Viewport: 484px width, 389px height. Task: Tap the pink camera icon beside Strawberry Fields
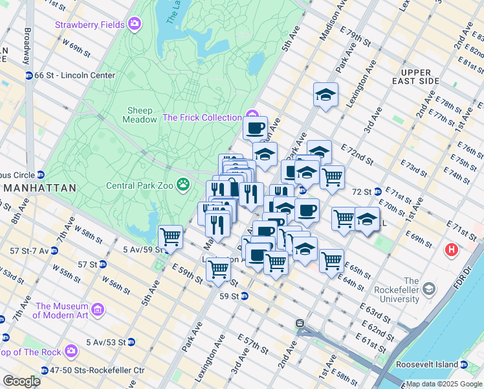coord(134,25)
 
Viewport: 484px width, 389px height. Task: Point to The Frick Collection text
coord(201,117)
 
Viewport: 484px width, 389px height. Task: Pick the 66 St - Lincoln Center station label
coord(74,75)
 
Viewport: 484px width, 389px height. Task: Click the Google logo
coord(21,381)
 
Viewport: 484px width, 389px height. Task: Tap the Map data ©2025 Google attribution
coord(443,384)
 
